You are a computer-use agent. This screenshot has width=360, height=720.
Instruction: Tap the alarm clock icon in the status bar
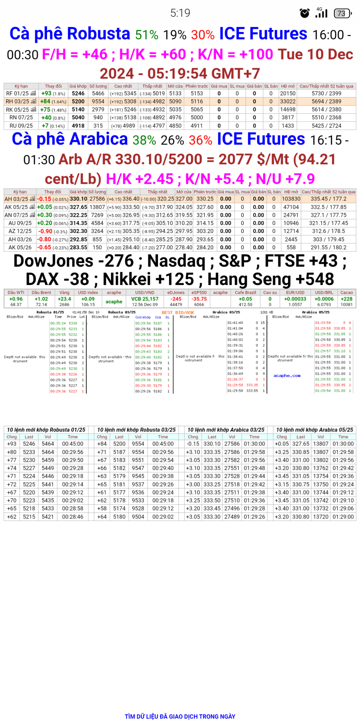coord(305,13)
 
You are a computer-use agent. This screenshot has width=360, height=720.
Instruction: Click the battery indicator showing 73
coord(342,13)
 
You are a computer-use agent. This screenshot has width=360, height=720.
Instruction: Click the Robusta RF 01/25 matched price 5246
coord(78,94)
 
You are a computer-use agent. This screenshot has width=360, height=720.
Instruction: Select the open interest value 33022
coord(288,102)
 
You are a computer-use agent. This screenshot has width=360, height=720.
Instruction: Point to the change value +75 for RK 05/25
coord(45,110)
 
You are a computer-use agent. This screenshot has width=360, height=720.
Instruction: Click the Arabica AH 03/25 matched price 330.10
coord(78,199)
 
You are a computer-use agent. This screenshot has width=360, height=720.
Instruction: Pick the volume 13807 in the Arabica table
coord(97,207)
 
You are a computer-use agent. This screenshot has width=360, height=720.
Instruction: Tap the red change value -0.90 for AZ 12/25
coord(45,231)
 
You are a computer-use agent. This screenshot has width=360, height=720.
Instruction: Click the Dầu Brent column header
coord(41,293)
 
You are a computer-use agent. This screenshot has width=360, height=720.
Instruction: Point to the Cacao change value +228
coord(346,299)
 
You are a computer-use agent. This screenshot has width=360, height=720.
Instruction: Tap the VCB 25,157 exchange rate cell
coord(145,299)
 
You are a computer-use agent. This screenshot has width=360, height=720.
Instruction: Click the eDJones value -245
coord(176,299)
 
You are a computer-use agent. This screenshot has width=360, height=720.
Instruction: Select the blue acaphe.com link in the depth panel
coord(287,376)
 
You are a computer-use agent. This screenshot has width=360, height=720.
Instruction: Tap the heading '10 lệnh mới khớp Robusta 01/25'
coord(46,430)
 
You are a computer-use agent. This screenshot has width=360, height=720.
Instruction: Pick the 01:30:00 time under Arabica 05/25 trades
coord(343,444)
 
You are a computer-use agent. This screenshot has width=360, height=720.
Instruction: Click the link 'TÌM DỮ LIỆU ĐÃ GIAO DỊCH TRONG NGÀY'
coord(180,716)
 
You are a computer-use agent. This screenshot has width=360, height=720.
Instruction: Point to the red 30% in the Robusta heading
coord(203,35)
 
